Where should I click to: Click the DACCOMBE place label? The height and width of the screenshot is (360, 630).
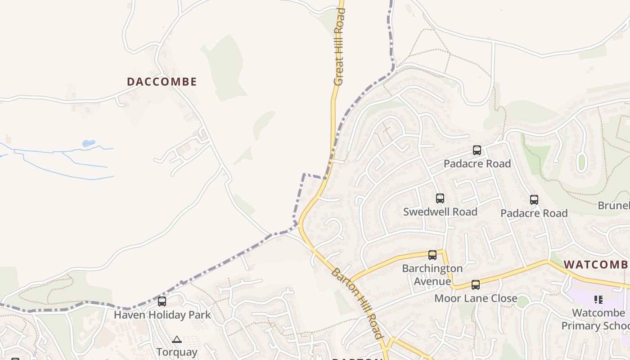[162, 82]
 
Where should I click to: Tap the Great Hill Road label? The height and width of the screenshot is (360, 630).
[339, 46]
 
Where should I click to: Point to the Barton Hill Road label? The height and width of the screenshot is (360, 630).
[357, 303]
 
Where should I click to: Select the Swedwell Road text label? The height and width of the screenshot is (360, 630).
[440, 211]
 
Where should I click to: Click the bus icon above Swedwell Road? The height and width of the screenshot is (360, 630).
[440, 198]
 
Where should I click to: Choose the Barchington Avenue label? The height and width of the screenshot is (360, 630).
[432, 275]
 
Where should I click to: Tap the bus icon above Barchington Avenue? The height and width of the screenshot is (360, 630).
[432, 255]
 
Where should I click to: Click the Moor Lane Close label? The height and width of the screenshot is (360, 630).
[475, 298]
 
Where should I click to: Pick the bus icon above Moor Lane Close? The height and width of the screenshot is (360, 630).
[476, 285]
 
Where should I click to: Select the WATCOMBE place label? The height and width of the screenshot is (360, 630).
[596, 265]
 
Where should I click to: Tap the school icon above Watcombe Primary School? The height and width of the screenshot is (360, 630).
[598, 299]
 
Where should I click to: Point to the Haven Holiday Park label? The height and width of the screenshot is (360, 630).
[162, 315]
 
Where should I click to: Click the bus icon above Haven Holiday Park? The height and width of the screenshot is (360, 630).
[162, 301]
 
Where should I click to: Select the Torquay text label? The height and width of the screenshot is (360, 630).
[177, 352]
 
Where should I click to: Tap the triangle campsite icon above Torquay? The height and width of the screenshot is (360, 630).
[177, 339]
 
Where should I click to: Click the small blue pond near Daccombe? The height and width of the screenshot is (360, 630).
[89, 144]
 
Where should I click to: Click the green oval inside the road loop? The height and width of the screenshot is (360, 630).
[581, 162]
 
